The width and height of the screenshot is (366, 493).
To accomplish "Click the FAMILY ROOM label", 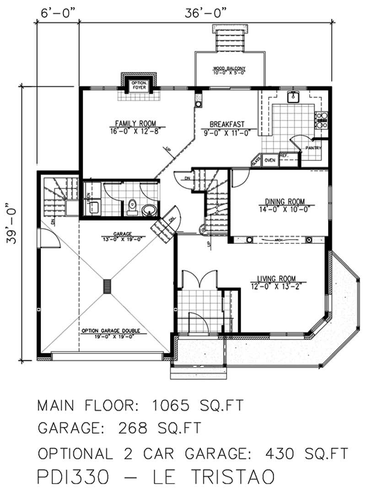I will click(x=135, y=123).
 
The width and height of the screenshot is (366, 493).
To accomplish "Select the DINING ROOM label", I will click(x=284, y=201).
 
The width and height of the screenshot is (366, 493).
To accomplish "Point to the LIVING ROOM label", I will click(x=276, y=278).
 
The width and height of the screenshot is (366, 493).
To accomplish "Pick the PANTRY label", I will click(x=314, y=148).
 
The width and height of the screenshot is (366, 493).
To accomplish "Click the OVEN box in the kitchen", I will click(x=269, y=160).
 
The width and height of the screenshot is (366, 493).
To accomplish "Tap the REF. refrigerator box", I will click(x=283, y=156).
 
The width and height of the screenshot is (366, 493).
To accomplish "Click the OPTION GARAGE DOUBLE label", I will click(x=111, y=331).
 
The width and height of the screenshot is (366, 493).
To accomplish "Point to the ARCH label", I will click(x=278, y=240).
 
